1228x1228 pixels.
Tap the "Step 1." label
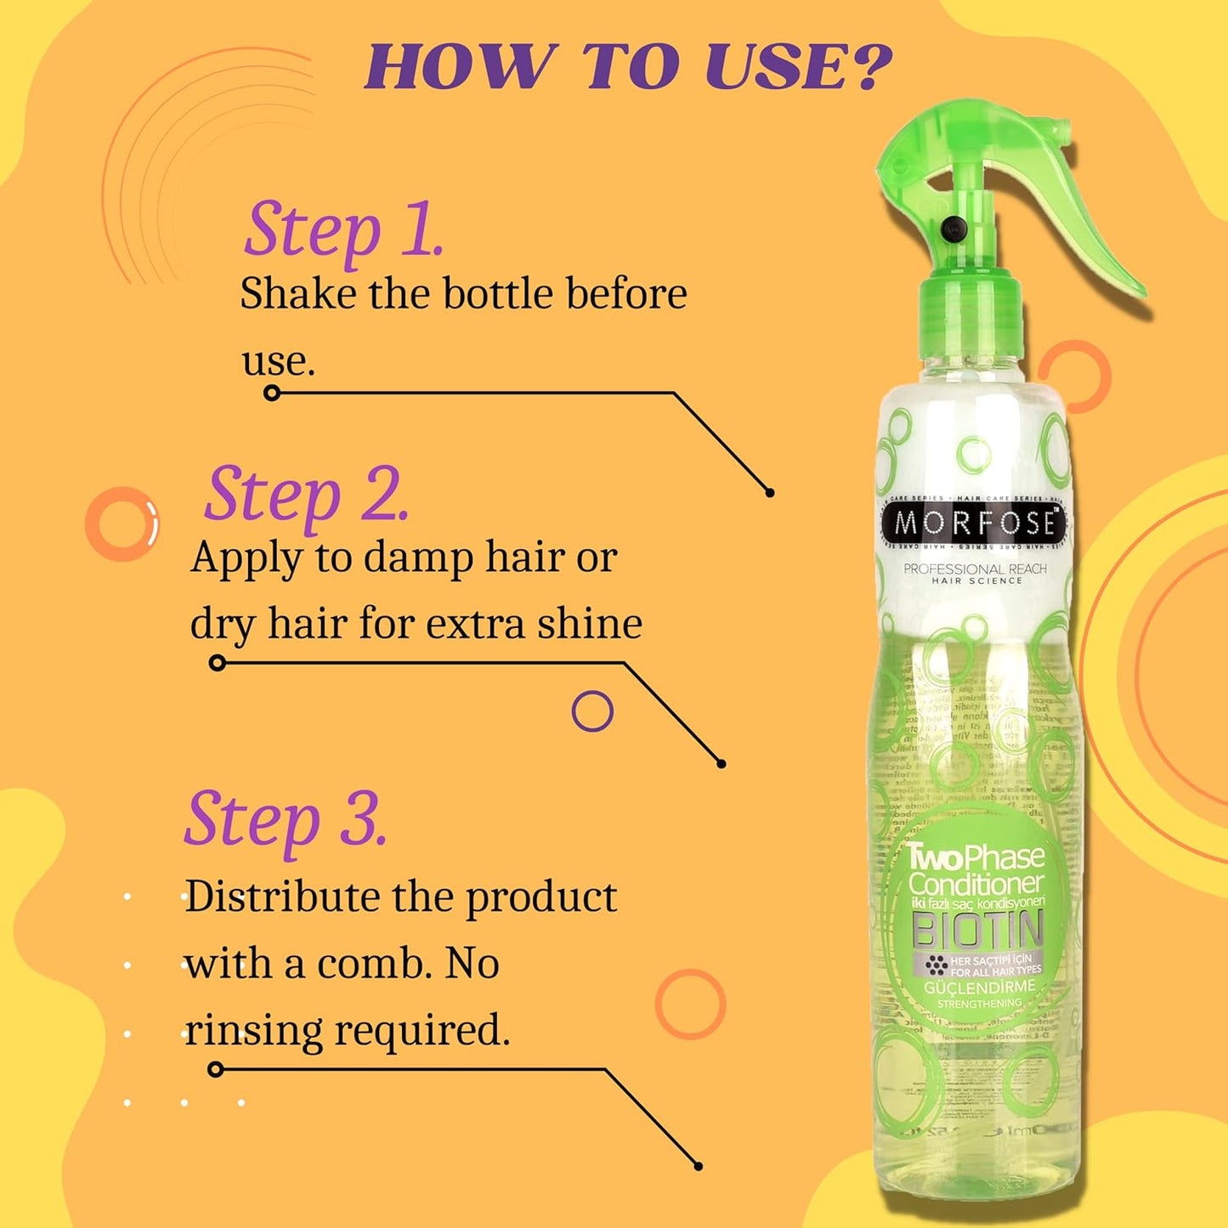click(x=343, y=229)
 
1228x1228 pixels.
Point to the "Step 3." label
click(x=286, y=819)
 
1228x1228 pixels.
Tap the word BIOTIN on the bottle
click(x=976, y=931)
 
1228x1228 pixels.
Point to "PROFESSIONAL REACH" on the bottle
click(x=975, y=569)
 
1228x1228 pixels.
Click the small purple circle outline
click(x=592, y=711)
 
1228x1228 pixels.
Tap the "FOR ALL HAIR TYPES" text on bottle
click(x=995, y=971)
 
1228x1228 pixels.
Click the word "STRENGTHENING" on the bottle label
click(x=979, y=1004)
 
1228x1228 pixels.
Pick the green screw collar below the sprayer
click(x=970, y=319)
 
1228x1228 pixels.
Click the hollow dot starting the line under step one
click(x=272, y=393)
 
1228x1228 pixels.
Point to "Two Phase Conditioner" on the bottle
click(x=976, y=870)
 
